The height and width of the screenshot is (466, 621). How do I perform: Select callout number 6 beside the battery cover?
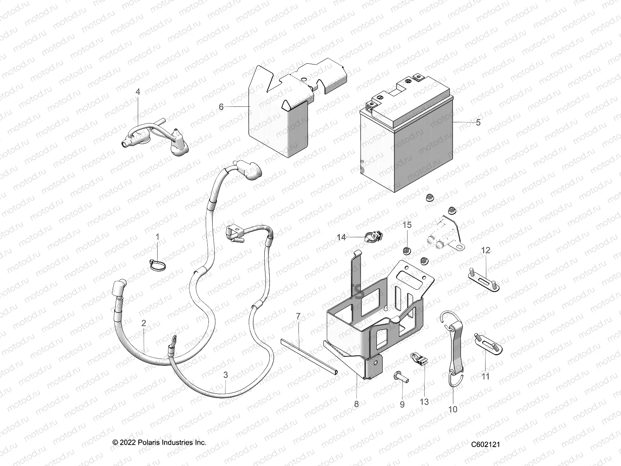pyautogui.click(x=221, y=107)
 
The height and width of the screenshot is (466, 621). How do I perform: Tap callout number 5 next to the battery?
pyautogui.click(x=478, y=122)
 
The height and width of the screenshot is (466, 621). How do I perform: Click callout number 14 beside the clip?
pyautogui.click(x=341, y=237)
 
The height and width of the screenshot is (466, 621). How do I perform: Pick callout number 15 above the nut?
pyautogui.click(x=407, y=225)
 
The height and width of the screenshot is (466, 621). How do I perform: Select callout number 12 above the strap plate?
pyautogui.click(x=486, y=250)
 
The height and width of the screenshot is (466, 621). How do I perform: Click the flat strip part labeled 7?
pyautogui.click(x=309, y=355)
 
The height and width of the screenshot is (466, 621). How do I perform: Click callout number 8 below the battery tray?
pyautogui.click(x=356, y=404)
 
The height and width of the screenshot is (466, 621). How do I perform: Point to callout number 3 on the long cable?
pyautogui.click(x=226, y=375)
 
